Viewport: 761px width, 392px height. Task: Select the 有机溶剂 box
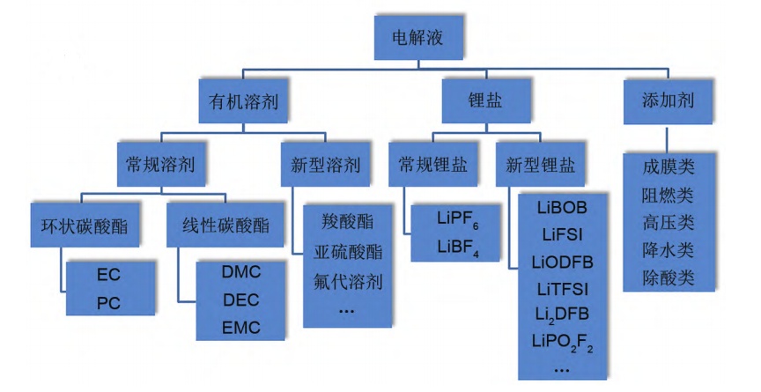244,101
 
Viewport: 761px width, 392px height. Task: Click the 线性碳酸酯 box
219,226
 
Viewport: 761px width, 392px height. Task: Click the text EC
108,274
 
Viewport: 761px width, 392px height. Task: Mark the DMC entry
240,274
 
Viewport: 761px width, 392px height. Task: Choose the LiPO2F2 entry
563,341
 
